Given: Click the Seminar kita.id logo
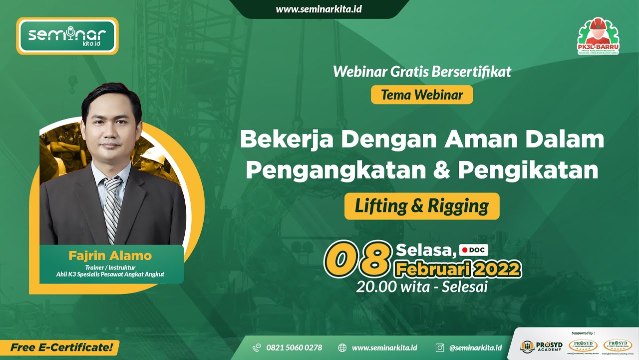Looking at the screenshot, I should pyautogui.click(x=67, y=36).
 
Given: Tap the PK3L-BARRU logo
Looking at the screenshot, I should pyautogui.click(x=598, y=36).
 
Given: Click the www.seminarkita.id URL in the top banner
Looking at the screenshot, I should pyautogui.click(x=319, y=9).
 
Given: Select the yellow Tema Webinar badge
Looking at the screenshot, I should pyautogui.click(x=422, y=94).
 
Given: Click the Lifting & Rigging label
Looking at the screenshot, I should pyautogui.click(x=422, y=206).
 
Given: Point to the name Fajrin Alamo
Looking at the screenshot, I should pyautogui.click(x=110, y=256).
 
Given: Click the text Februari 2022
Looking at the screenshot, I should pyautogui.click(x=458, y=269).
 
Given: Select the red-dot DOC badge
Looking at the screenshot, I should pyautogui.click(x=473, y=249).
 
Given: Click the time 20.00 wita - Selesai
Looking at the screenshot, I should pyautogui.click(x=422, y=286).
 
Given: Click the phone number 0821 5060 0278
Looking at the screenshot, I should pyautogui.click(x=294, y=347).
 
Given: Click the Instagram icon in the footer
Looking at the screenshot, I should pyautogui.click(x=440, y=347).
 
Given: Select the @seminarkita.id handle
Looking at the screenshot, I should pyautogui.click(x=475, y=347).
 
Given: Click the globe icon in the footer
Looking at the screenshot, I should pyautogui.click(x=342, y=347).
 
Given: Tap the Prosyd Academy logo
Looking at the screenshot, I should pyautogui.click(x=540, y=346).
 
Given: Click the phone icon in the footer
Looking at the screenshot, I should pyautogui.click(x=257, y=347).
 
